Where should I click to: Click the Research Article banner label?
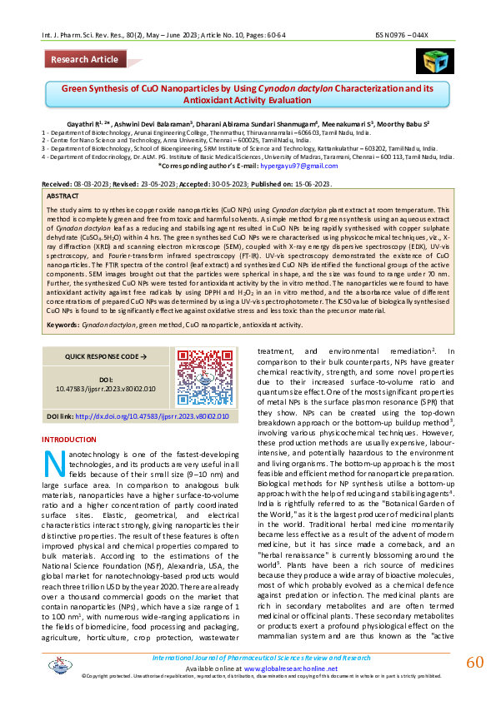click(84, 60)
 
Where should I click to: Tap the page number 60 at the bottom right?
click(474, 662)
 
